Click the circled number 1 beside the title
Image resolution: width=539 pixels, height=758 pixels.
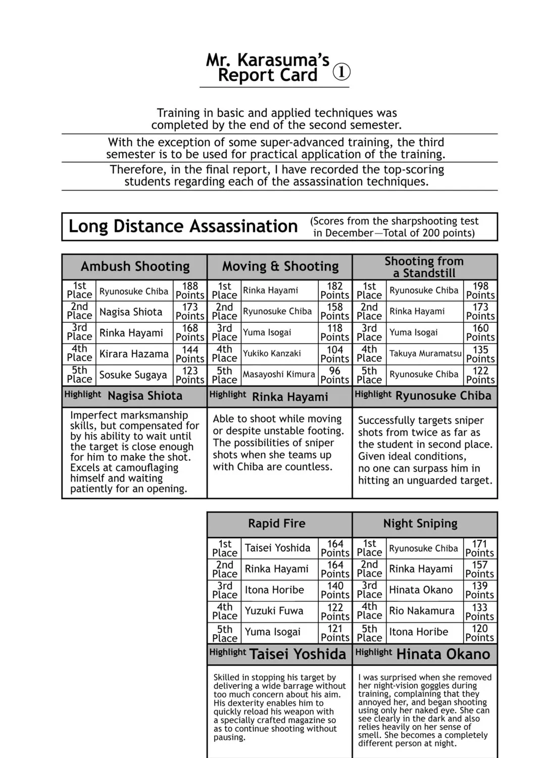341,72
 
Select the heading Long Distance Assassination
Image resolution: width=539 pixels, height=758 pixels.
183,226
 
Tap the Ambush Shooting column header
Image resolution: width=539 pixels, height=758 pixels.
135,266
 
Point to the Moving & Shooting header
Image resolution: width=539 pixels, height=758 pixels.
280,266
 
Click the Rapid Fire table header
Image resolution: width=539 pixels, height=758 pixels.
276,524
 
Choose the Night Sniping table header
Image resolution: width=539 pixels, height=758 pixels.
420,524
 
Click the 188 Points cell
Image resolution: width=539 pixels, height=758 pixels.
190,291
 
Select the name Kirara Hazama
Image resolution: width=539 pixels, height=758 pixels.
134,354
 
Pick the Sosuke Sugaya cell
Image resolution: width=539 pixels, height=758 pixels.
133,375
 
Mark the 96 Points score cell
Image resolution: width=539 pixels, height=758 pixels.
334,375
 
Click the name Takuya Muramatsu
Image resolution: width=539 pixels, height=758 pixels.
425,354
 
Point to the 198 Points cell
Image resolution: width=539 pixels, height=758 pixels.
480,291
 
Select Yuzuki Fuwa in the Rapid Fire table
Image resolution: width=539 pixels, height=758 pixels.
274,611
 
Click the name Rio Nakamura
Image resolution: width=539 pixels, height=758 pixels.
421,611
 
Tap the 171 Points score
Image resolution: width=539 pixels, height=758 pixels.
479,548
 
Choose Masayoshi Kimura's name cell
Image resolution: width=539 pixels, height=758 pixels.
279,374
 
